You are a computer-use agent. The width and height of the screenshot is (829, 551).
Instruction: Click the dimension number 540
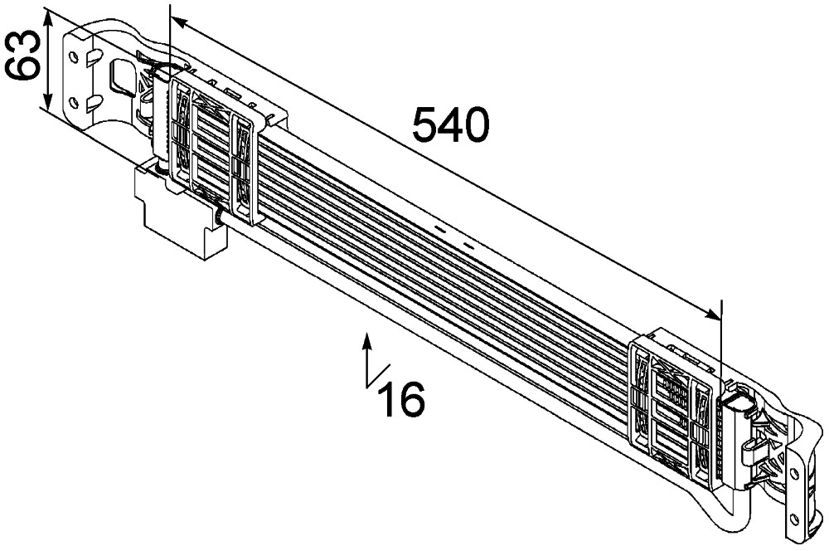tap(451, 126)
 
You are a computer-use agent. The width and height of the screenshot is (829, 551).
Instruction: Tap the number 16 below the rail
tap(401, 399)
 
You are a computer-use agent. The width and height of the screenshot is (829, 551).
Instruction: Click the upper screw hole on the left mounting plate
tap(75, 57)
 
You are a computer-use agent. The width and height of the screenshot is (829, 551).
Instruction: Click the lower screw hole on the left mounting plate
tap(74, 103)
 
